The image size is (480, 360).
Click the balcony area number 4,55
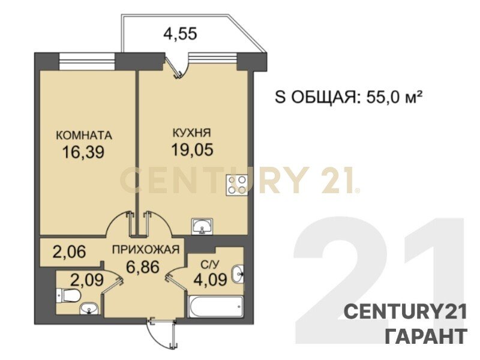click(180, 34)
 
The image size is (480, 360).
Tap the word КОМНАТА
click(84, 135)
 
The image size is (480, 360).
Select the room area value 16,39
click(83, 152)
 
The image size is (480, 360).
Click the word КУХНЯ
click(192, 133)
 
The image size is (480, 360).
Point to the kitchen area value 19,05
click(192, 149)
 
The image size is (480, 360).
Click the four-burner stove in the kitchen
click(236, 185)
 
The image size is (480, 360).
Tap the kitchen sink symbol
click(202, 227)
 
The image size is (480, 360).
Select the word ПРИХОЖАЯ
click(145, 250)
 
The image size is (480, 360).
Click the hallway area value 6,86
click(143, 266)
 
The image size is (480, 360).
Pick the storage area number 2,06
click(69, 252)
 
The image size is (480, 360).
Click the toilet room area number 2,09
click(87, 280)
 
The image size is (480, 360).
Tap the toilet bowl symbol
click(68, 295)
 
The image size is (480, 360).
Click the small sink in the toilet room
click(89, 308)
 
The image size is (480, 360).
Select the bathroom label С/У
click(208, 263)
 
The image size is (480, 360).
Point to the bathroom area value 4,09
click(211, 280)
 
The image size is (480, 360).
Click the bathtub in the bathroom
click(215, 307)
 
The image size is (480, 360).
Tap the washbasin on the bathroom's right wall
click(238, 274)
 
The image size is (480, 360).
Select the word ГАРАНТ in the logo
click(426, 336)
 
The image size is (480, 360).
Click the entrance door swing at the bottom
click(161, 334)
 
